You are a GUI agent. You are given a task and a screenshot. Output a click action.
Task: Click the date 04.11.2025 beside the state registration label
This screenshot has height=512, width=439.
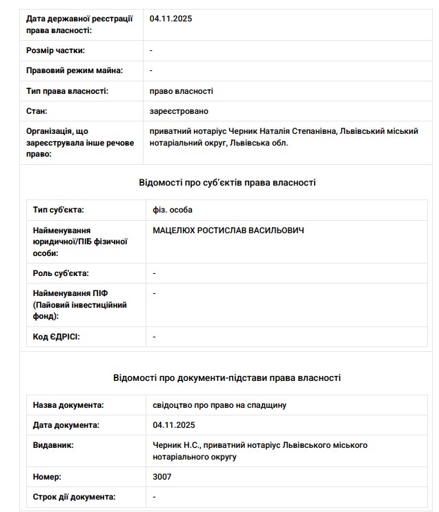coord(170,19)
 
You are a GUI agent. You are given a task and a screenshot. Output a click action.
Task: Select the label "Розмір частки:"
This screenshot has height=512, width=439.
coord(55,50)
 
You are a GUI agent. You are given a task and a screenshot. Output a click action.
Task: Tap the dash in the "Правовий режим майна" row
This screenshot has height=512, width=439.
coord(151,70)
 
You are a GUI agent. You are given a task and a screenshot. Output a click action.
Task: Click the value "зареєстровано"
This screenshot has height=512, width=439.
coord(179,111)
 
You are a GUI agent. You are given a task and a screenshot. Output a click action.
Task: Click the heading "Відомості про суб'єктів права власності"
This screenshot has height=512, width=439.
coord(227,183)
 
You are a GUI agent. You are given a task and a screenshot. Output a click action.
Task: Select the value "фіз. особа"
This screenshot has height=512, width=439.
coord(173,210)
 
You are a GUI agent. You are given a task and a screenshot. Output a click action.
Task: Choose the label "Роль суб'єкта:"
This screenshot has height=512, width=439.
coord(61,273)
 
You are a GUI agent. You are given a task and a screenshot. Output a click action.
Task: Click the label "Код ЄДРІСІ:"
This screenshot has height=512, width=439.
coord(57,337)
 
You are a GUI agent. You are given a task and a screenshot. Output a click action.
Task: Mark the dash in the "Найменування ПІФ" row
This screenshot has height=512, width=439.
coord(155,293)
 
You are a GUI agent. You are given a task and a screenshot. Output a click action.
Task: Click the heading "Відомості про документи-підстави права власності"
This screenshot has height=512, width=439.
coord(227,378)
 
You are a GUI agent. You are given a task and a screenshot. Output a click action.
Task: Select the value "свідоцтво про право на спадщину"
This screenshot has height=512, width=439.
coord(219,405)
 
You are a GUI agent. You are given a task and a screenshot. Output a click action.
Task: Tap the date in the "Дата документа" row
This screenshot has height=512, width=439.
coord(174,425)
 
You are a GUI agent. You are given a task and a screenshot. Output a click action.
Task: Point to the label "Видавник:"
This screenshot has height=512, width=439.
coord(53,445)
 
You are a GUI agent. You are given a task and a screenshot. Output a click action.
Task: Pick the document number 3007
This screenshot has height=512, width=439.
coord(162,477)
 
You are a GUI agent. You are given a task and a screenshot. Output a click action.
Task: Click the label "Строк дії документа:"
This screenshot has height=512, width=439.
coord(75,497)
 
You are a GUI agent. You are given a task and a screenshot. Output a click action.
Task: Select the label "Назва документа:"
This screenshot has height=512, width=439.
coord(68,405)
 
